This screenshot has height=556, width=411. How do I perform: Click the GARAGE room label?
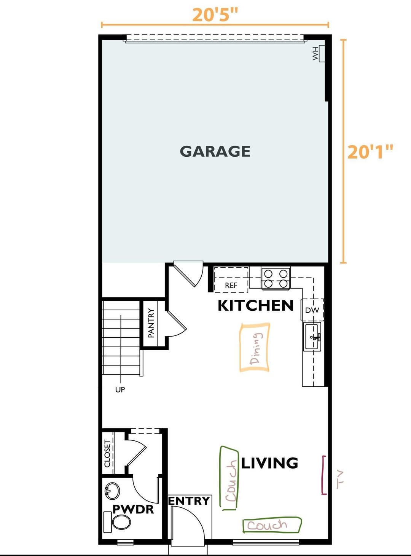click(215, 151)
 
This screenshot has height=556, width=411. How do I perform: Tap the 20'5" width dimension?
click(215, 15)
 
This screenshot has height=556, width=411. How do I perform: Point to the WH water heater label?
click(315, 53)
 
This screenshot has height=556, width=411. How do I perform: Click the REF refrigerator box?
click(231, 280)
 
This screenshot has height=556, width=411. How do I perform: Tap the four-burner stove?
click(276, 278)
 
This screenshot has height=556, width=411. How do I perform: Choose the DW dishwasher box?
click(312, 310)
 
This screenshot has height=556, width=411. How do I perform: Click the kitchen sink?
click(312, 337)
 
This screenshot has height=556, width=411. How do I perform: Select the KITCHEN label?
click(255, 305)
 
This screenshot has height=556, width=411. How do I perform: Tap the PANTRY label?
click(151, 323)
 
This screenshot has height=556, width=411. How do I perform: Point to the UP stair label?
click(120, 389)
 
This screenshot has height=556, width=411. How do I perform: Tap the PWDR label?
click(133, 509)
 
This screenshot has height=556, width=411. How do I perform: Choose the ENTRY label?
click(189, 501)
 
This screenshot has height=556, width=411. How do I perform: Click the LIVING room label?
click(269, 463)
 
